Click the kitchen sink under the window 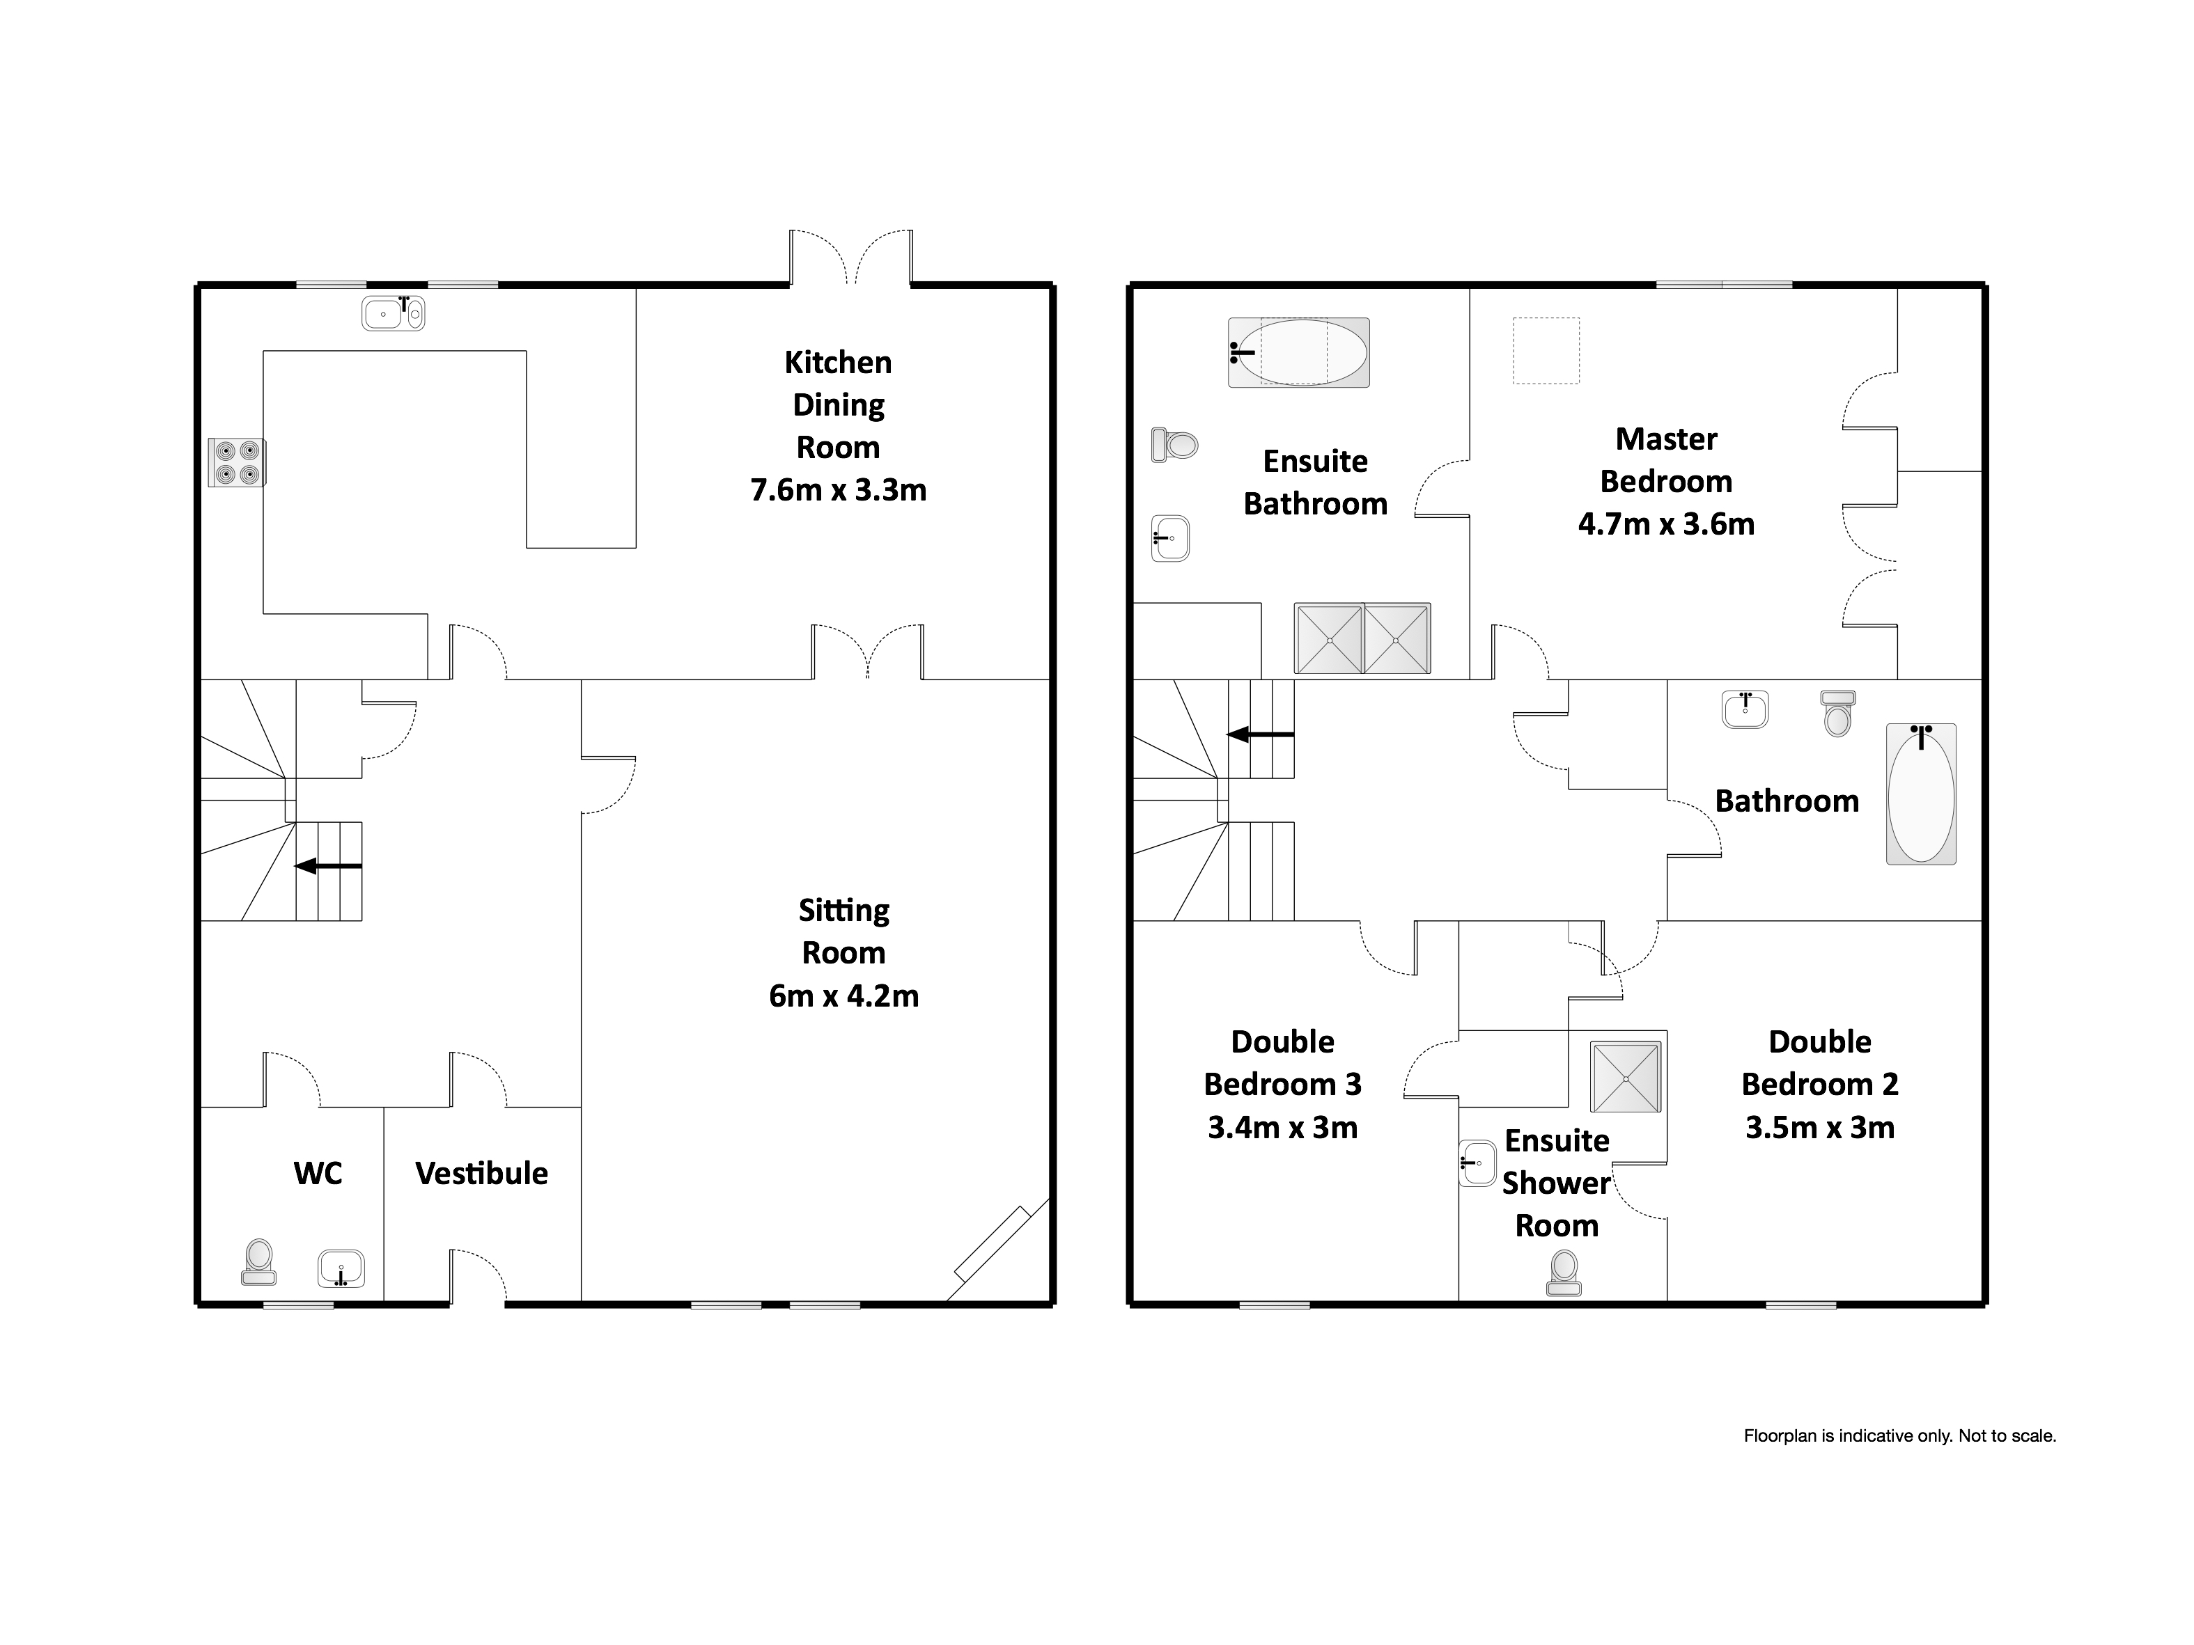(393, 313)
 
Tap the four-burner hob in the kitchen (237, 463)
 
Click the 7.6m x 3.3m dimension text (838, 490)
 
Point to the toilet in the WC (259, 1261)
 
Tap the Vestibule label (481, 1173)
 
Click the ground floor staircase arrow (328, 865)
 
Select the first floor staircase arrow (1260, 734)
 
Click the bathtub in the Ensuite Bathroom (1298, 352)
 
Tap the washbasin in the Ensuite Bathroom (1170, 538)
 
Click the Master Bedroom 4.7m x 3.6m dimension (1665, 524)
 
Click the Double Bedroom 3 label (1282, 1063)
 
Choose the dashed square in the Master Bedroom (1546, 350)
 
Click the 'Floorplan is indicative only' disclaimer (1899, 1435)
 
